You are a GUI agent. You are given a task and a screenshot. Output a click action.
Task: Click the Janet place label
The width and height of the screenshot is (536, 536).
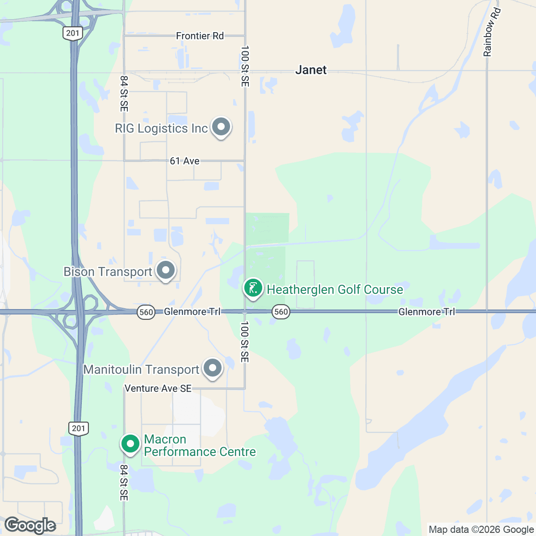point(311,70)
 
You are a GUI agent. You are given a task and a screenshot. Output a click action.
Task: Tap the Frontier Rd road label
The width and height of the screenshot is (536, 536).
point(200,36)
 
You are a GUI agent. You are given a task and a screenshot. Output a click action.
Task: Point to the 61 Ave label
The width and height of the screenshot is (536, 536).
point(184,161)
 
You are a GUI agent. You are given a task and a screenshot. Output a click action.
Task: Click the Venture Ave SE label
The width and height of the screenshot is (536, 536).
point(158,389)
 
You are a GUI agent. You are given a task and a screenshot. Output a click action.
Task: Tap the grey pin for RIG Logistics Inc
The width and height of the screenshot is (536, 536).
point(221,127)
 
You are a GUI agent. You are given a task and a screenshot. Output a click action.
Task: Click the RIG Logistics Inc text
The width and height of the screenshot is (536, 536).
point(161,129)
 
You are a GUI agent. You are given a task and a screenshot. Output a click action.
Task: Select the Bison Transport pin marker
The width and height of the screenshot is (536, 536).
point(166,270)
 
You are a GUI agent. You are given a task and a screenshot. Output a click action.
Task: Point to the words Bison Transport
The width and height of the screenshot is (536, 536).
point(108,272)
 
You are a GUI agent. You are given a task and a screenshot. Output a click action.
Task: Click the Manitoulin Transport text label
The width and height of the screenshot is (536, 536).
point(141,370)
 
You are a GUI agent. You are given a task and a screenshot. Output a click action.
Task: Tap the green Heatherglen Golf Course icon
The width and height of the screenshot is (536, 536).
point(253,288)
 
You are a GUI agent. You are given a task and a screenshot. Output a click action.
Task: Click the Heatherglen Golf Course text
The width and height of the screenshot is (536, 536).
point(335,289)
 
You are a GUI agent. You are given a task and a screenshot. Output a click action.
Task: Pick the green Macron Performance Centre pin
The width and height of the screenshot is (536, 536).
point(130,444)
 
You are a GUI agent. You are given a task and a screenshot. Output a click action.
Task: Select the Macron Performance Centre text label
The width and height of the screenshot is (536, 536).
point(200,446)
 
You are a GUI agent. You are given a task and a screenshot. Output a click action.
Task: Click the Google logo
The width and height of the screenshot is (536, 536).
point(30,526)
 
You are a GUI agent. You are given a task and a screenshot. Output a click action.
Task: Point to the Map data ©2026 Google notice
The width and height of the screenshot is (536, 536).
point(481,530)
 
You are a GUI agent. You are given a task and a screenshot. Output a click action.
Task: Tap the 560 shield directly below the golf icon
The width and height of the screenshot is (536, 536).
point(281,312)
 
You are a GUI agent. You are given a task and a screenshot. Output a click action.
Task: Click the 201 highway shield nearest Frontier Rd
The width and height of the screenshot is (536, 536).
point(72,33)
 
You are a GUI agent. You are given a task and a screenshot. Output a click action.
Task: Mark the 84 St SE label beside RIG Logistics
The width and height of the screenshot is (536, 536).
point(124,94)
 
